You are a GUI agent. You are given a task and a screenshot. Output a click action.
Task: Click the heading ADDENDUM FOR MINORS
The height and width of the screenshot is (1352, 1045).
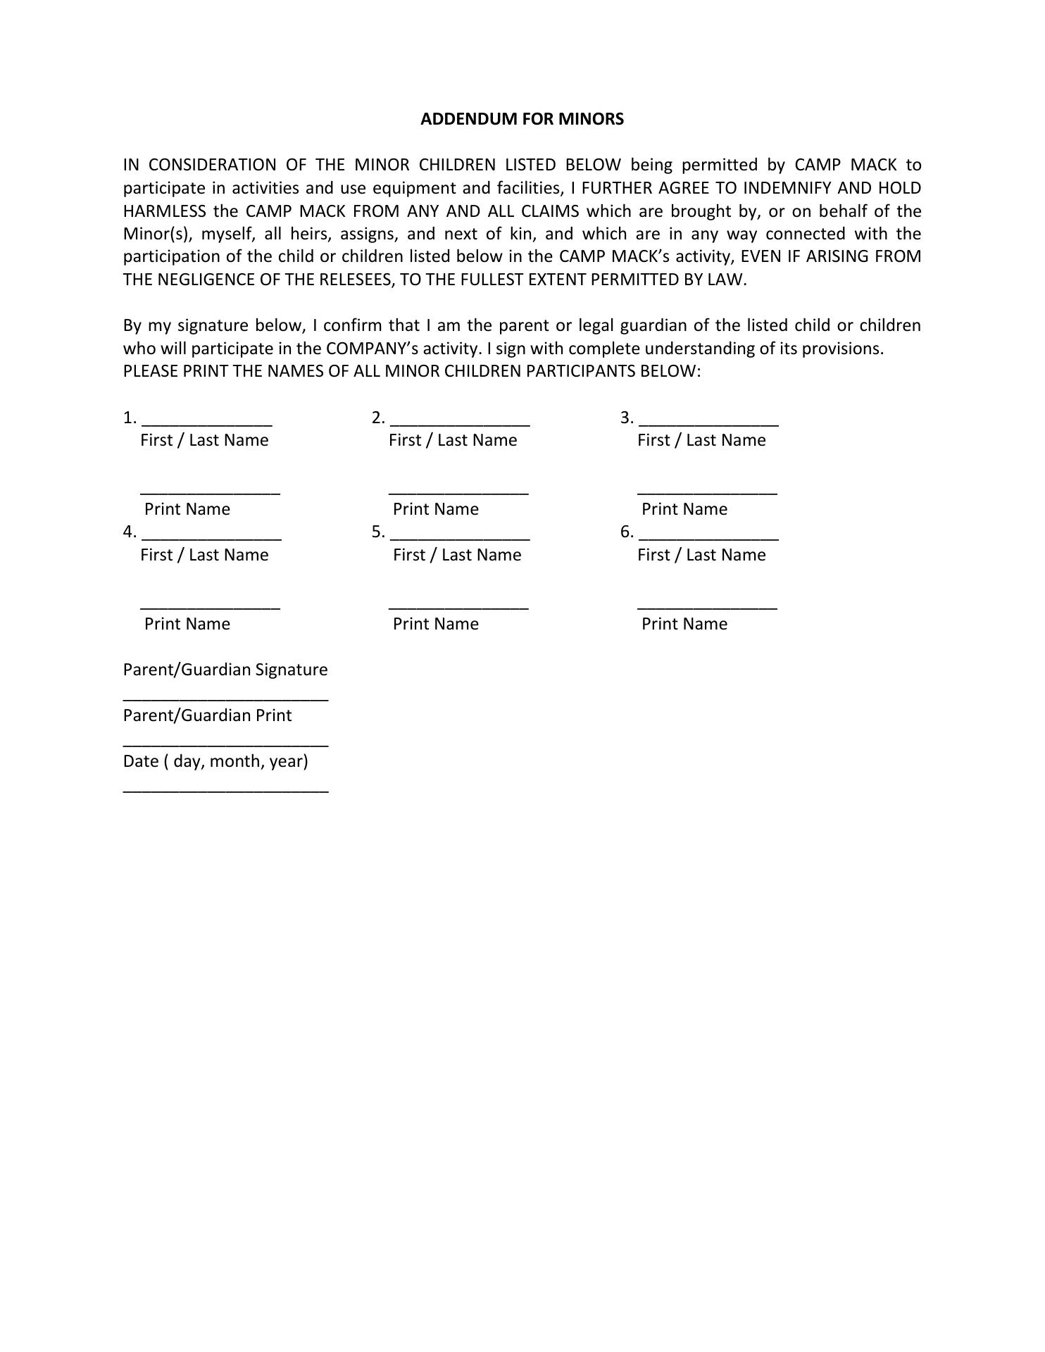(522, 119)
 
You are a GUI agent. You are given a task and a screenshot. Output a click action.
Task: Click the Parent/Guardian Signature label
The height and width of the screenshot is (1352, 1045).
(225, 670)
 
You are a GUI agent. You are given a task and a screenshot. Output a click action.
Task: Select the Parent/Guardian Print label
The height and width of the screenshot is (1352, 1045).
(207, 715)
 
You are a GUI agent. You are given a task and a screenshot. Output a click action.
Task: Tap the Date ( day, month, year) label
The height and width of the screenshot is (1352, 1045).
(215, 761)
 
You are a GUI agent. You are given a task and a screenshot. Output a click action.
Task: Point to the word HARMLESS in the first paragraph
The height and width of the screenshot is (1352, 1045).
(165, 211)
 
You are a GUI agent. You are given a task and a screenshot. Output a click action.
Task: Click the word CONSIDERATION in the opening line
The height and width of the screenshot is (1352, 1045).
(213, 165)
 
